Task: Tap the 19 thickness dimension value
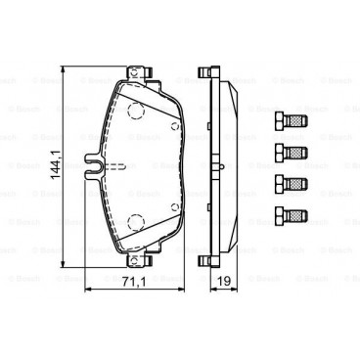(222, 282)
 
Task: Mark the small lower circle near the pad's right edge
(173, 207)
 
